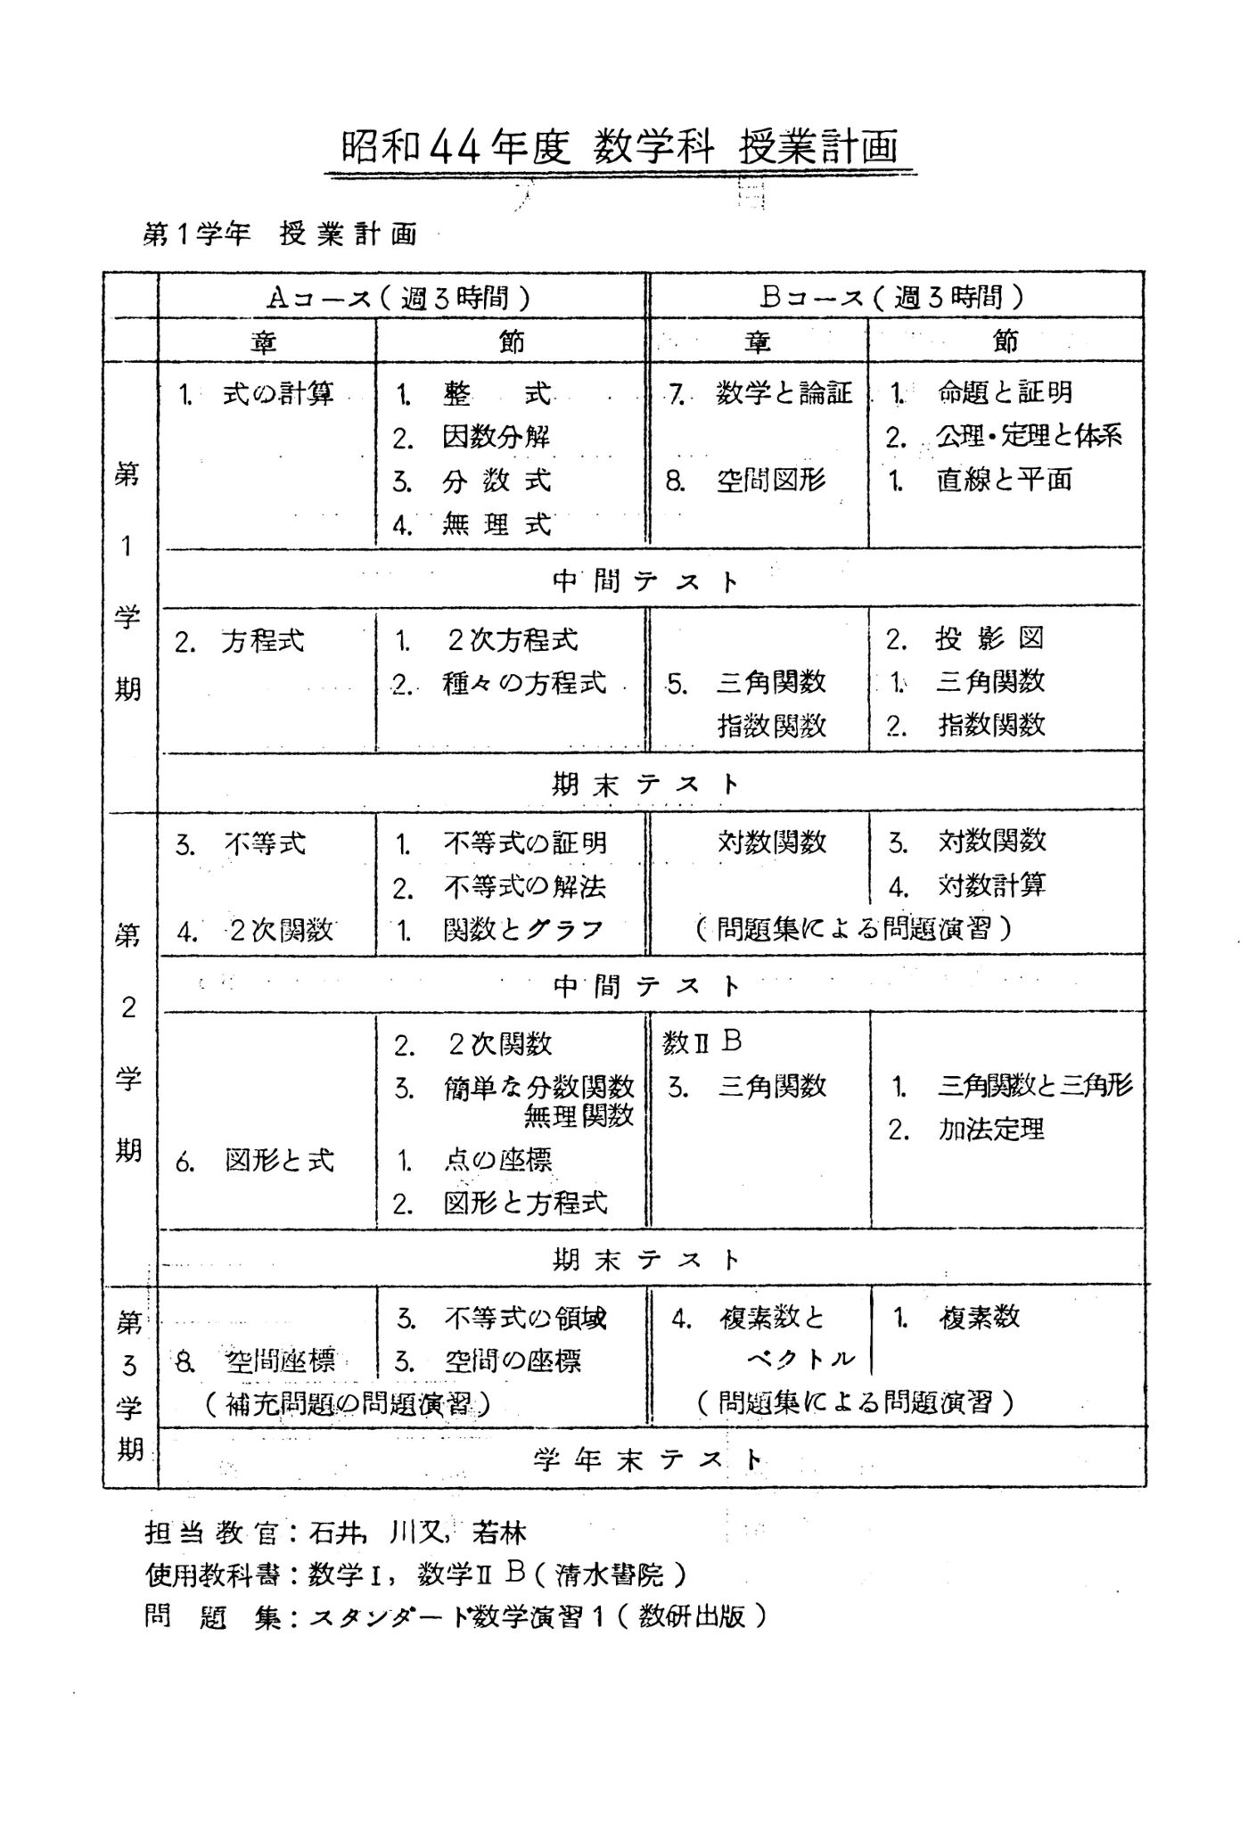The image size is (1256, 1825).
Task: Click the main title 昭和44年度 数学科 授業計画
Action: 620,148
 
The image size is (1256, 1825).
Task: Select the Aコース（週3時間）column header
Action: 400,297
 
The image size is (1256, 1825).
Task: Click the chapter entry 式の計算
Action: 277,393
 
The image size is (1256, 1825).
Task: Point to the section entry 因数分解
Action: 496,437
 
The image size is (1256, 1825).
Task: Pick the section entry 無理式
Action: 496,524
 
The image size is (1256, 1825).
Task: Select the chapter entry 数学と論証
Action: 784,393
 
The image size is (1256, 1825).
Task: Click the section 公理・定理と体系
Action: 1028,436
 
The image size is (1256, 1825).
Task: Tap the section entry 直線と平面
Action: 1004,480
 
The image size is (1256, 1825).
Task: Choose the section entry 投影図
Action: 989,638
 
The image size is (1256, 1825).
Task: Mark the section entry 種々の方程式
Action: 523,683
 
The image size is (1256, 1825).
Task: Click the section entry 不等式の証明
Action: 524,843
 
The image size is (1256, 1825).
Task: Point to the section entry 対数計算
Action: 991,885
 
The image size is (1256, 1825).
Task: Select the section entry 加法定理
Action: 989,1130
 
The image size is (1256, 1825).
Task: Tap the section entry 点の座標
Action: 497,1160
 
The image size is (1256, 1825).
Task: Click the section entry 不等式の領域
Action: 525,1318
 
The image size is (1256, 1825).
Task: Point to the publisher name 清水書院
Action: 610,1575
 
